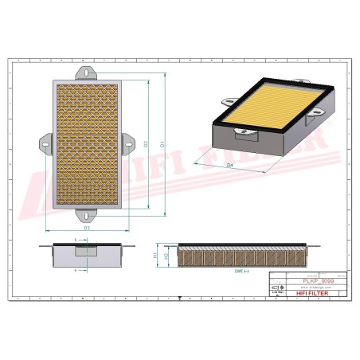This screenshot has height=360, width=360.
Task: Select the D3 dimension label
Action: pos(86,229)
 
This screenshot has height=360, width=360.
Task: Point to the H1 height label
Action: pos(155,255)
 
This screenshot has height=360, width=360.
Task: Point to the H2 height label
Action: pos(166,256)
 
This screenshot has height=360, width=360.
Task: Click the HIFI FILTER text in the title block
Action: pos(311,295)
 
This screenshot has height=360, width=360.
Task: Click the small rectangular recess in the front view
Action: pos(84,252)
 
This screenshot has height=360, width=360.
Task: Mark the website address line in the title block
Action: pos(311,288)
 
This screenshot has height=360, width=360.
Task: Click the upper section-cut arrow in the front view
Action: pos(76,238)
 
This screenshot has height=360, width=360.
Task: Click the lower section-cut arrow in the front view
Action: pos(76,271)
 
